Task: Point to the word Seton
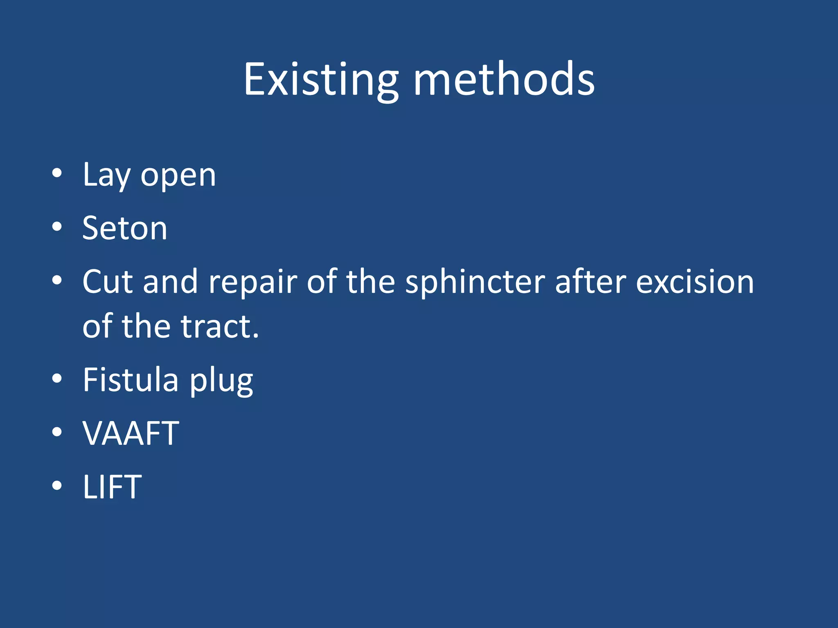[x=125, y=228]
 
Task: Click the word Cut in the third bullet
[x=108, y=282]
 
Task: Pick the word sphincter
[x=475, y=283]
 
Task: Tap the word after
[x=590, y=282]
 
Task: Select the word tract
[x=220, y=327]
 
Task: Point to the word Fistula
[x=131, y=380]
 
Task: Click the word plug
[x=221, y=381]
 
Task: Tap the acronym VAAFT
[x=131, y=433]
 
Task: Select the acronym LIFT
[x=112, y=487]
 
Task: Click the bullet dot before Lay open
[x=57, y=173]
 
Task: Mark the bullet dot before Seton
[x=57, y=227]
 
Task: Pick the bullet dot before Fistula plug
[x=57, y=378]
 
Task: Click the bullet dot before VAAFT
[x=57, y=432]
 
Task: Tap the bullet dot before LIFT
[x=57, y=485]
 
